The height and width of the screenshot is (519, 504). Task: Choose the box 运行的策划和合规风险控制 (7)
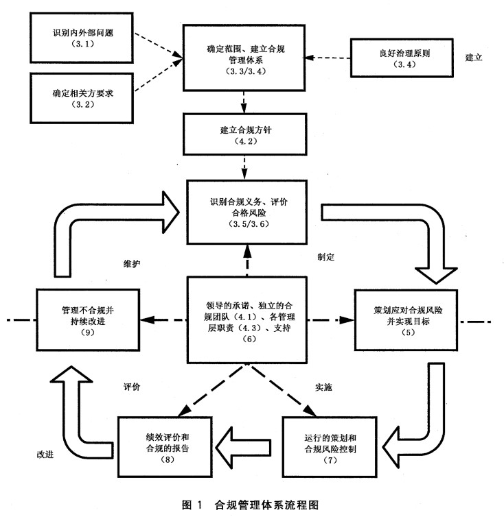(x=331, y=446)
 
